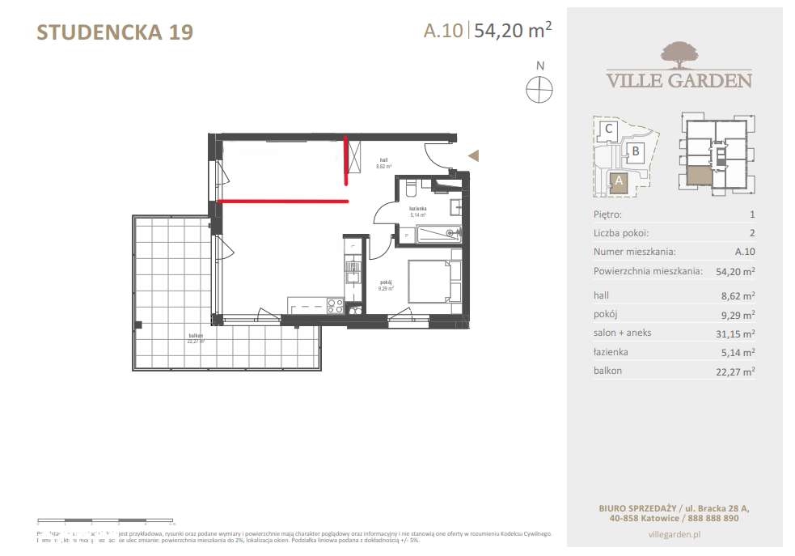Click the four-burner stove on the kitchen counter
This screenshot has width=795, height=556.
pyautogui.click(x=333, y=305)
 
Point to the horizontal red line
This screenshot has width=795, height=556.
pyautogui.click(x=283, y=200)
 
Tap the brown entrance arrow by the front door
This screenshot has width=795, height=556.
pyautogui.click(x=476, y=155)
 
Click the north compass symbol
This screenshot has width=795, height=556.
pyautogui.click(x=539, y=88)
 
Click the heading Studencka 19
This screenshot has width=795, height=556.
pyautogui.click(x=115, y=32)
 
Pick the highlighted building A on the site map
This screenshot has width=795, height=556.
pyautogui.click(x=619, y=181)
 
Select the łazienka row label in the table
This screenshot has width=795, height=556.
pyautogui.click(x=611, y=352)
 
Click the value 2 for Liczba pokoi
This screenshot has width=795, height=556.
pyautogui.click(x=751, y=233)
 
